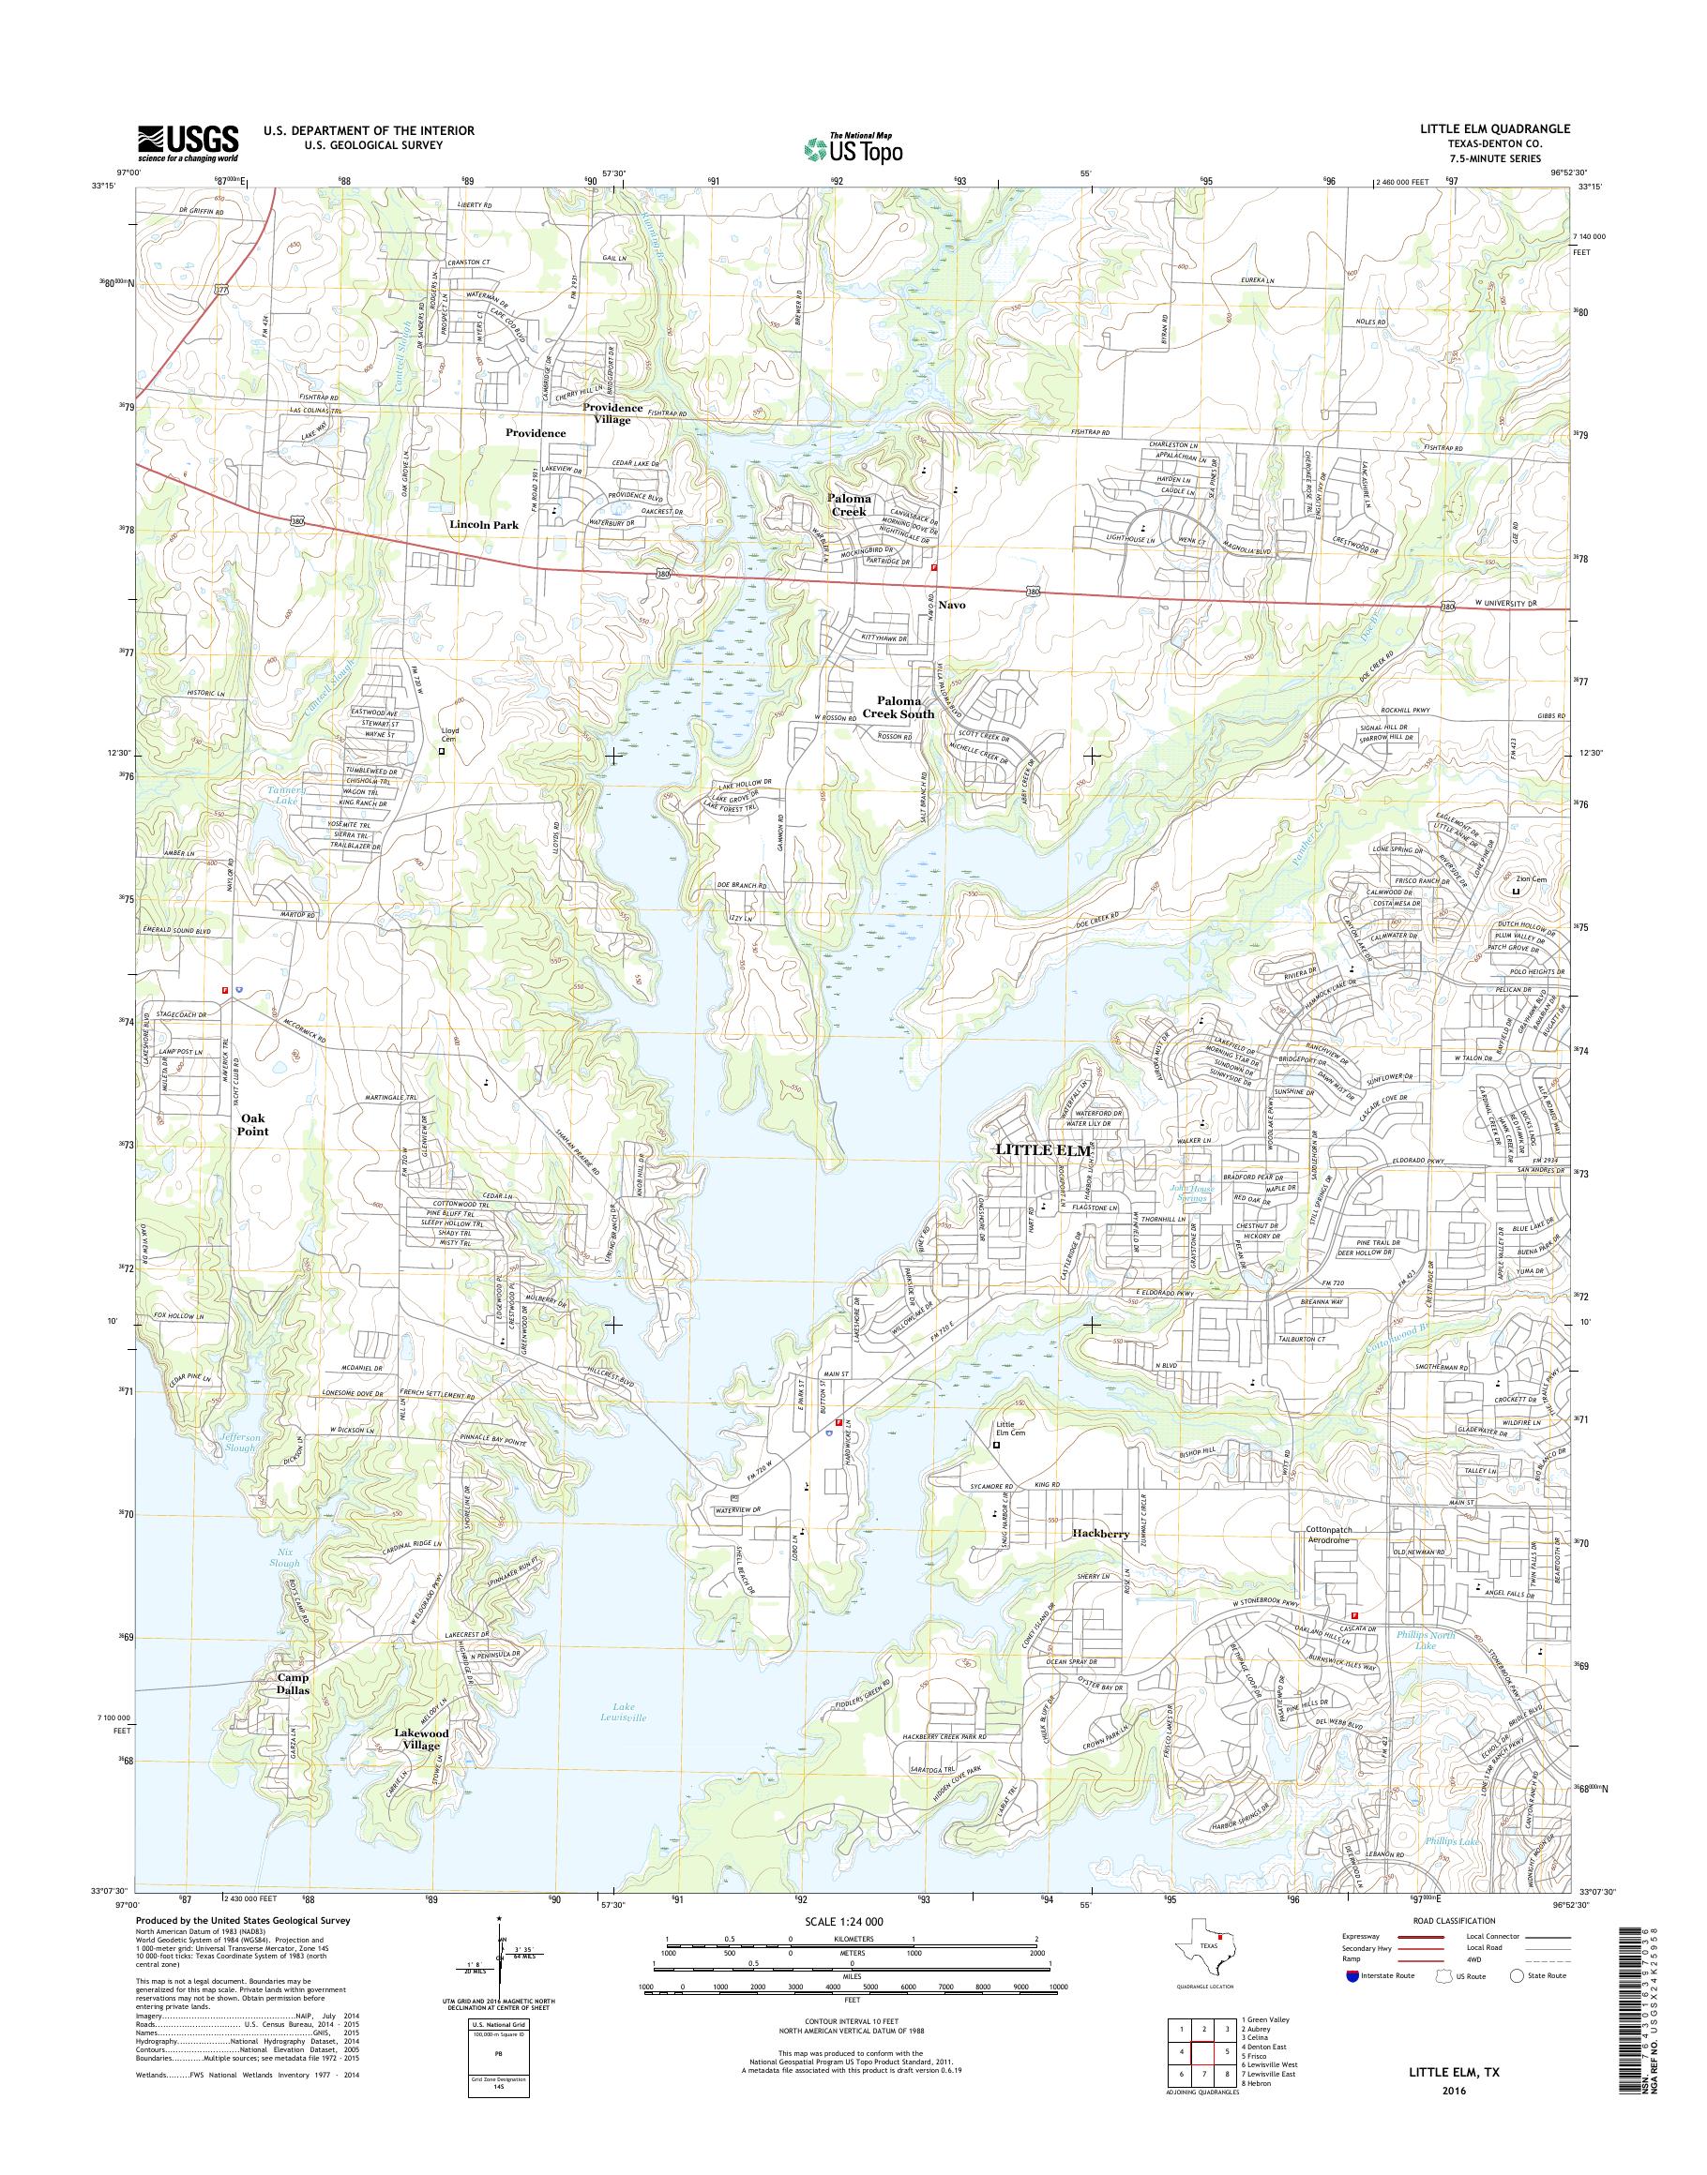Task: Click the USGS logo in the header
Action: click(x=188, y=142)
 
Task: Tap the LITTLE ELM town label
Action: click(x=1042, y=1150)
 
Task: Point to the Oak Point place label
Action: click(x=253, y=1124)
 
